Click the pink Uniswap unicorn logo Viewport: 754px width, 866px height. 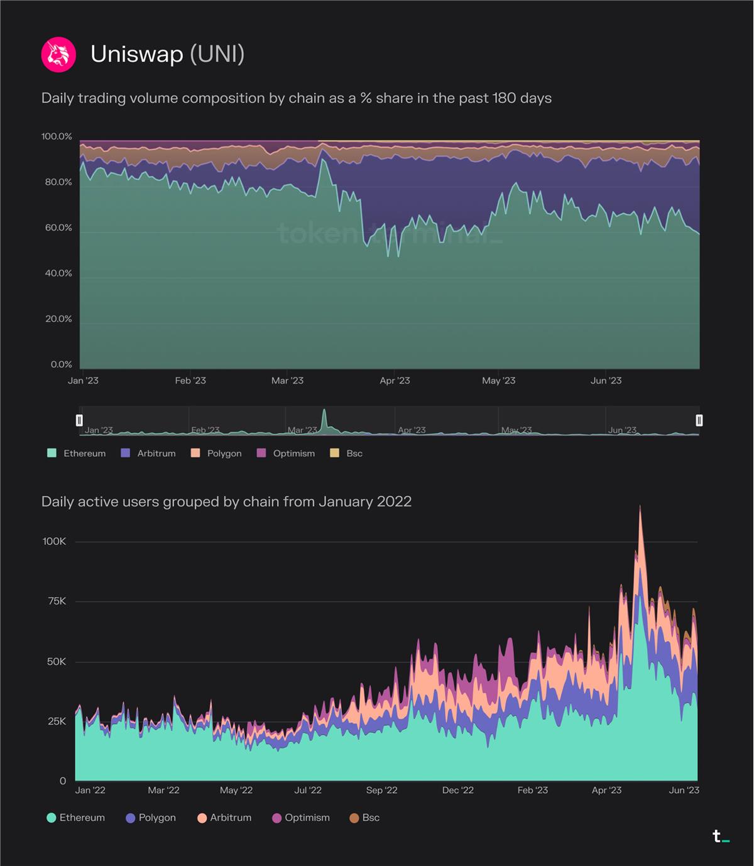(x=58, y=55)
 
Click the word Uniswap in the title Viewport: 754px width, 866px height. (x=136, y=54)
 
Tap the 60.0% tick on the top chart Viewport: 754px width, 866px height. (x=58, y=227)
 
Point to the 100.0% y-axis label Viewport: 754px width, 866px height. (x=57, y=136)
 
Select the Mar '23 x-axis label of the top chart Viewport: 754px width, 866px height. (x=287, y=380)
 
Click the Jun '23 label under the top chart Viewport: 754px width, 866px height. (x=606, y=380)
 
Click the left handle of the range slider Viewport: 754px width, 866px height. (x=79, y=420)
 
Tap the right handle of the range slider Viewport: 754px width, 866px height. (x=699, y=420)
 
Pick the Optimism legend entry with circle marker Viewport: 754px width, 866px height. (x=300, y=818)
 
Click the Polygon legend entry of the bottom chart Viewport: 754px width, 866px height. (x=151, y=818)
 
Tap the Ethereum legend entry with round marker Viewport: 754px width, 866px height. (x=76, y=818)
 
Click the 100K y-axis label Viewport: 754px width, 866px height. (x=54, y=541)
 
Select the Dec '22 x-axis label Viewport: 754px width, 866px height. (x=458, y=790)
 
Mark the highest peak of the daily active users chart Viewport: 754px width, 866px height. (x=640, y=507)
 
